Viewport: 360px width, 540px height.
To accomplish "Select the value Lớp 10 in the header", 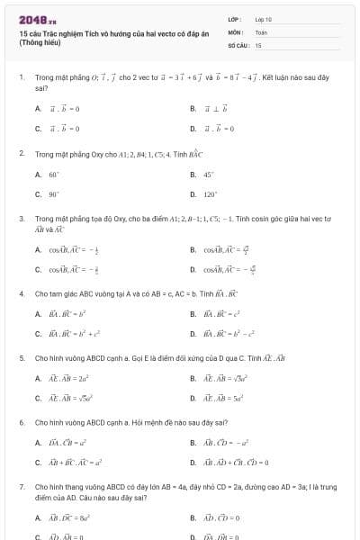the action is click(263, 18).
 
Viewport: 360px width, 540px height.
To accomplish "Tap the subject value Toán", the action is click(261, 31).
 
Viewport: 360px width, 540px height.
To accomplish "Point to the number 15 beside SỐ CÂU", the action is click(258, 44).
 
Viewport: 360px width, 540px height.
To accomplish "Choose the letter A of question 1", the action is click(38, 109).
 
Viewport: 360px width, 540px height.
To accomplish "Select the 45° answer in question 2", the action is click(209, 175).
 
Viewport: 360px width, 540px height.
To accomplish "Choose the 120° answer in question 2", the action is click(211, 193).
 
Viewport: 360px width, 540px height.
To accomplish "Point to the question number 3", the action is click(21, 219).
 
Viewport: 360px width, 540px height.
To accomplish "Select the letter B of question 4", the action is click(193, 314).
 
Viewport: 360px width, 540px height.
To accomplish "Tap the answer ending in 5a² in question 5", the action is click(224, 398).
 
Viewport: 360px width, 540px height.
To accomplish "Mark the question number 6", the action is click(21, 422).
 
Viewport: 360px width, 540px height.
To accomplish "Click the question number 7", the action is click(21, 486).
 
